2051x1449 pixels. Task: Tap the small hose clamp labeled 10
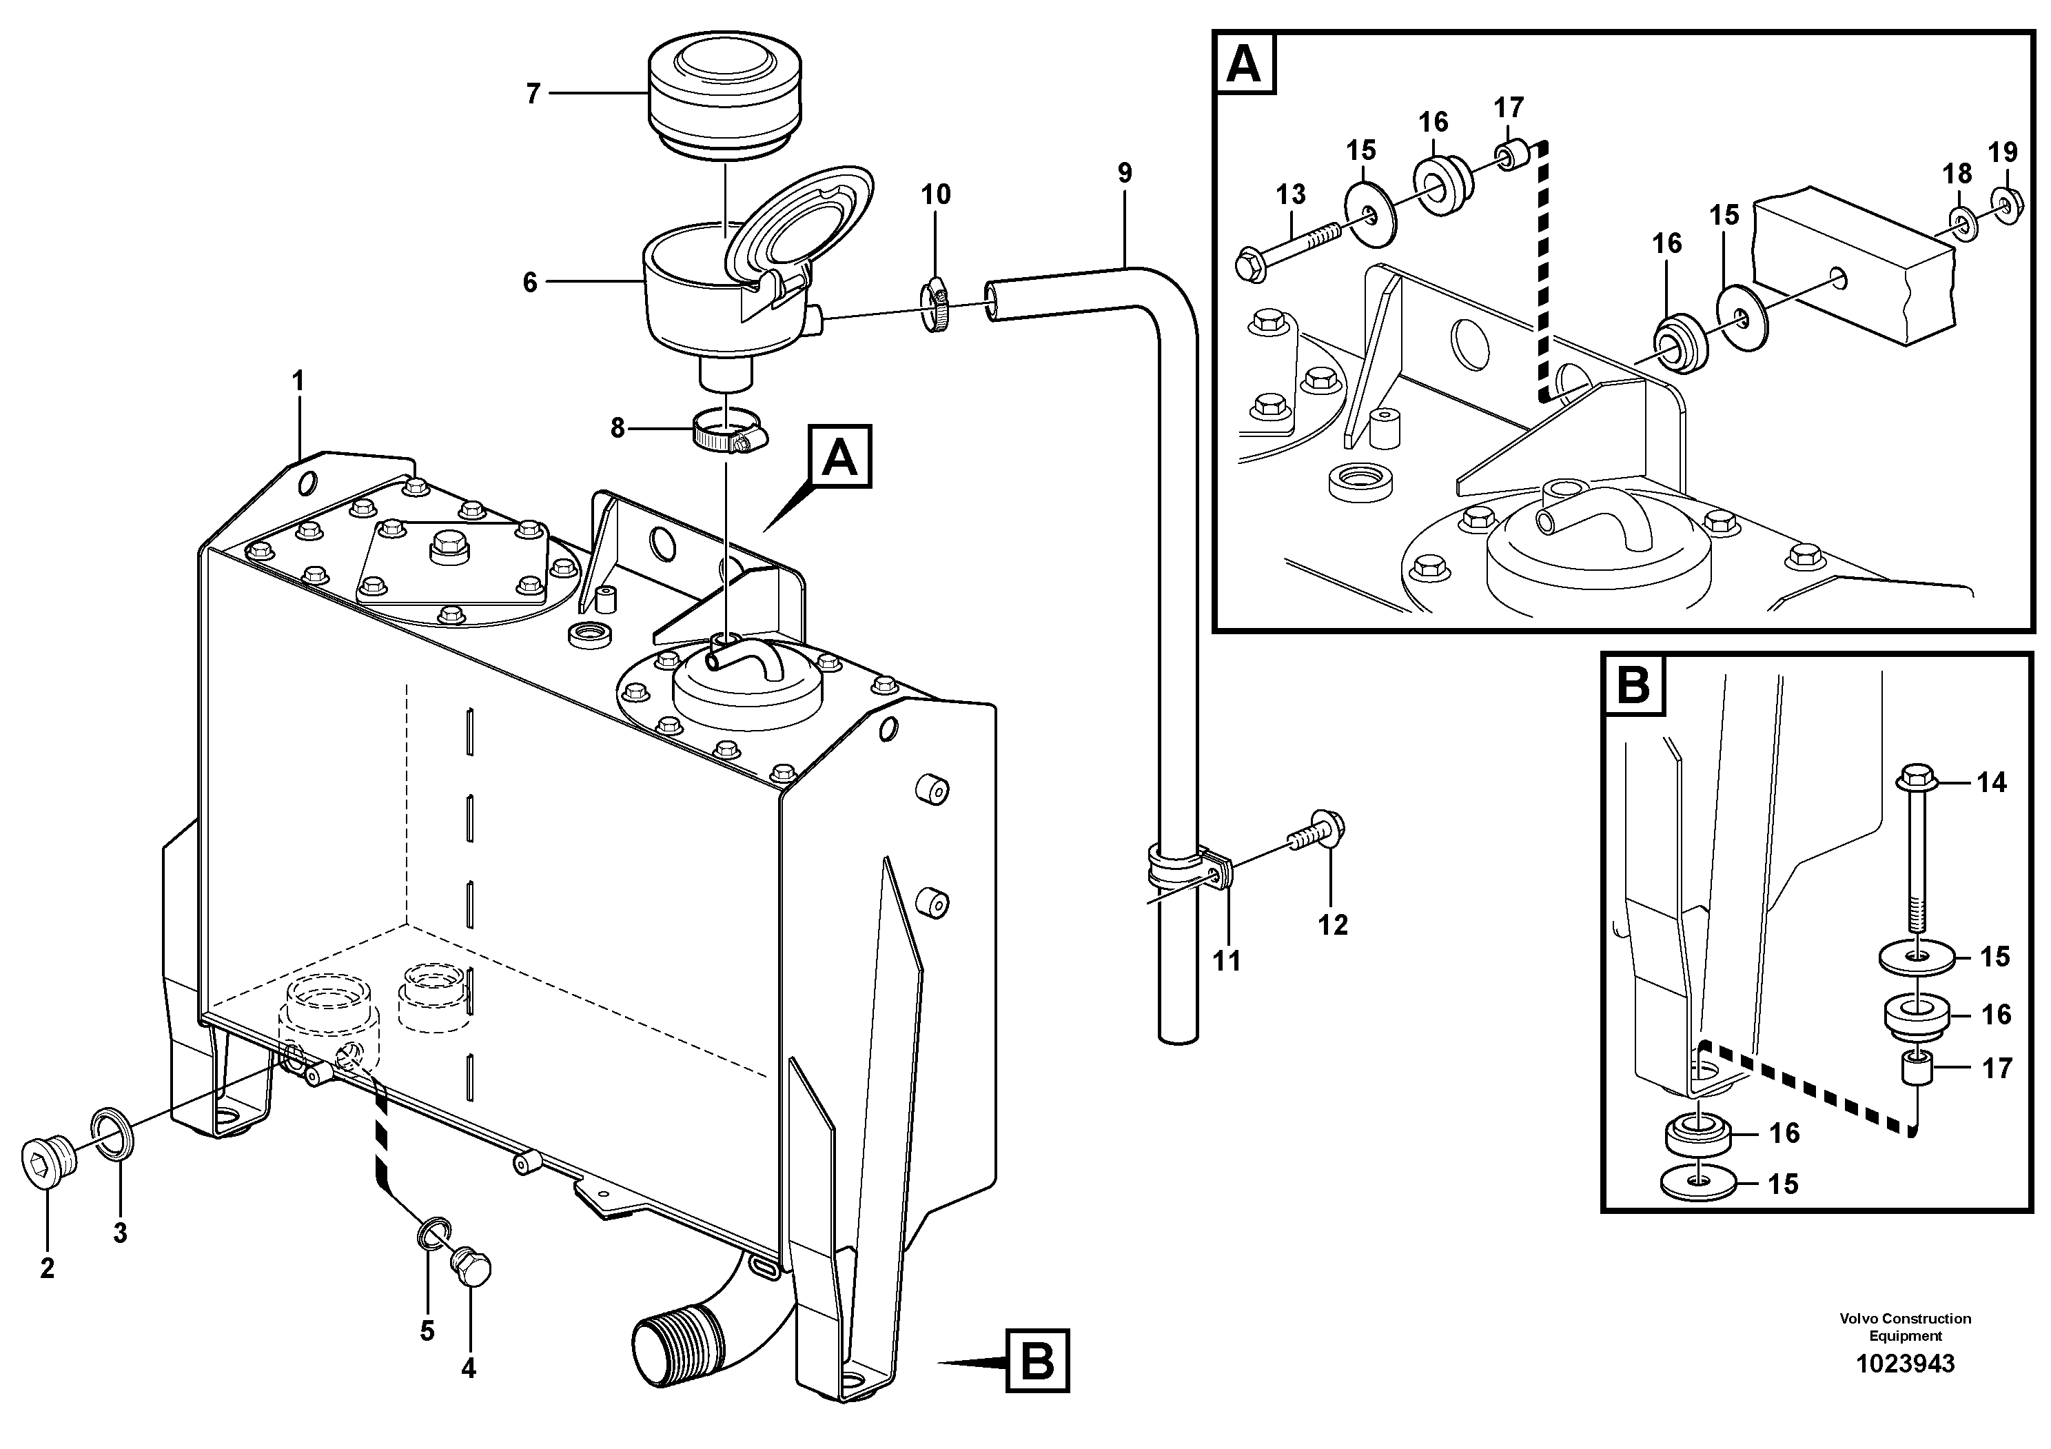[933, 307]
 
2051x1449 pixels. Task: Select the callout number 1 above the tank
[298, 381]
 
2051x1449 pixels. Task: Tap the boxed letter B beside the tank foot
[1037, 1361]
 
